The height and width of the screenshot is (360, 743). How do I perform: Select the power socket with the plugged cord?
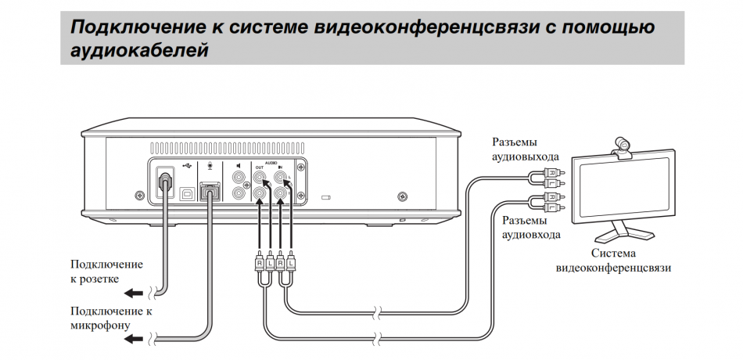163,182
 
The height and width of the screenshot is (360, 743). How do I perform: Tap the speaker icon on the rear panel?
237,166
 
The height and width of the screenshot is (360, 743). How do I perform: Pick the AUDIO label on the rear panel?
271,160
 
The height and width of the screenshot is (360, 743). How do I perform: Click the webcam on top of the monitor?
623,146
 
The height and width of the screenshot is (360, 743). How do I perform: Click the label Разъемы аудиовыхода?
525,149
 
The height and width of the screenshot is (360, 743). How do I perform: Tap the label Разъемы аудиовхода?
531,227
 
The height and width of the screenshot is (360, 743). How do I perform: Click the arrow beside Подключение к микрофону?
135,338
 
